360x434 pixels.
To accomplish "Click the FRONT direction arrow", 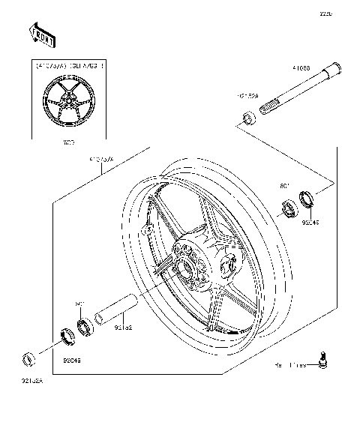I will tap(41, 34).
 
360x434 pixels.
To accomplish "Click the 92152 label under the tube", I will tap(123, 327).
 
